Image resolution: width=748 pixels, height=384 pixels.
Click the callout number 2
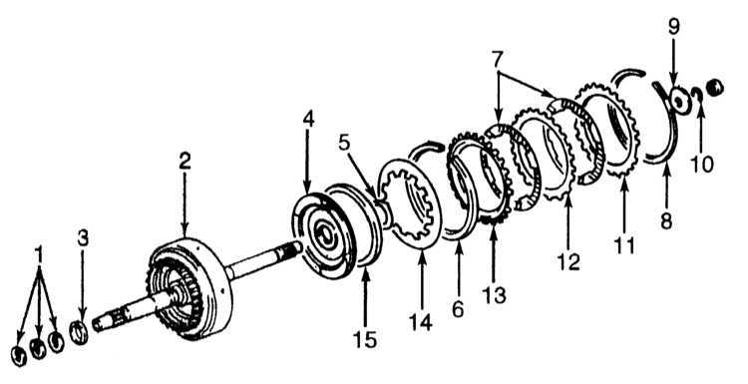click(x=186, y=162)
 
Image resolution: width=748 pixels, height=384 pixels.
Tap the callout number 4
click(x=308, y=120)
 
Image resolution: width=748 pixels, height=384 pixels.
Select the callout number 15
click(x=365, y=339)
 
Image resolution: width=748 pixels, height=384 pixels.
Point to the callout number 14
click(x=421, y=322)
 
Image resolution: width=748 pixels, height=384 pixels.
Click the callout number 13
click(x=495, y=296)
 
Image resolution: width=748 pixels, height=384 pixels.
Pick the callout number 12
click(x=568, y=261)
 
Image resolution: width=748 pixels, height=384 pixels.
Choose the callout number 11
click(x=624, y=246)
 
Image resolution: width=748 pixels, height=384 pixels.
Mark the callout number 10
click(x=702, y=165)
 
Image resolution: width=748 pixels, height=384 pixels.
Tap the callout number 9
click(x=673, y=27)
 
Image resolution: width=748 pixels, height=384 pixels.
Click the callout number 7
click(x=497, y=60)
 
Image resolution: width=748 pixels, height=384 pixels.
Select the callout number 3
click(x=83, y=238)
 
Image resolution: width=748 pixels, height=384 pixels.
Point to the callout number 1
click(x=40, y=255)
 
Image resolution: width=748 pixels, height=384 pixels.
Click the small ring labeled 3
click(x=79, y=332)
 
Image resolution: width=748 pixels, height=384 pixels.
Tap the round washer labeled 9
click(x=679, y=101)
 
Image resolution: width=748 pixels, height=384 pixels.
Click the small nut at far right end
click(x=715, y=88)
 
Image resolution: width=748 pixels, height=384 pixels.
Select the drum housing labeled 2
click(x=190, y=287)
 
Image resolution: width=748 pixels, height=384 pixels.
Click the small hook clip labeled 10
click(x=699, y=96)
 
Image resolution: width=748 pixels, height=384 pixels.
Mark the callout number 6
click(x=458, y=309)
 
